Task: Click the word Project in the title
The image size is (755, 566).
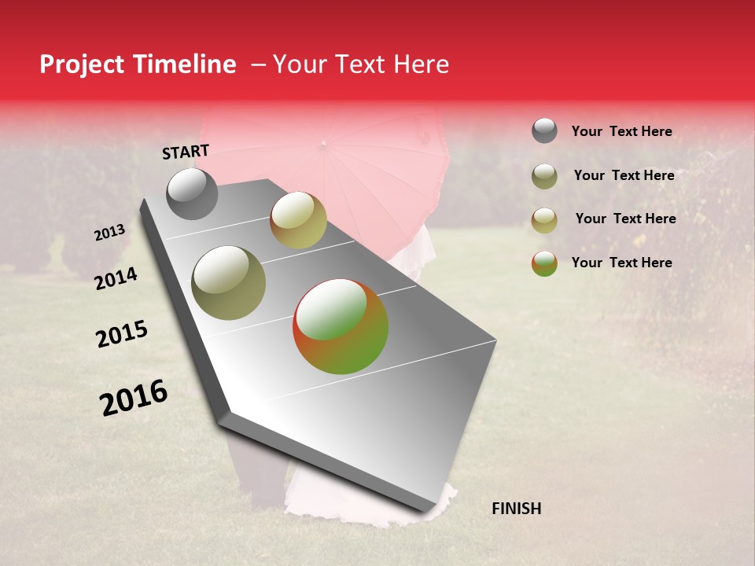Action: [81, 64]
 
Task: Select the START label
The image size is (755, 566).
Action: [186, 152]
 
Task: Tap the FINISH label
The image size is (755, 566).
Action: [516, 509]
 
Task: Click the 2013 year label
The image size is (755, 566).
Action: [110, 233]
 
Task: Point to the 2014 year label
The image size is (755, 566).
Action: [116, 278]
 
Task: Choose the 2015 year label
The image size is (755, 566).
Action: [122, 334]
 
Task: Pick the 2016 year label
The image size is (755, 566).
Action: [134, 398]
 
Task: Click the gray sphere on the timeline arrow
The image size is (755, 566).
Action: [192, 193]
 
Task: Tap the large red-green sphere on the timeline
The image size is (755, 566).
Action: [341, 326]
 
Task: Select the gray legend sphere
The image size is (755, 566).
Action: [544, 130]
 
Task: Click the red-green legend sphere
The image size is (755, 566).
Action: [544, 263]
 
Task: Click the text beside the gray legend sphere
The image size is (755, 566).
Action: [621, 132]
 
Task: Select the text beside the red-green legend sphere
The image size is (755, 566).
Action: [621, 263]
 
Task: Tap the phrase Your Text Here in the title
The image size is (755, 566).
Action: [361, 64]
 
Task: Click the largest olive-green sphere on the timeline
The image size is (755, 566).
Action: [229, 283]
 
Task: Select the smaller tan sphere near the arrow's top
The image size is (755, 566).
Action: [298, 220]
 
